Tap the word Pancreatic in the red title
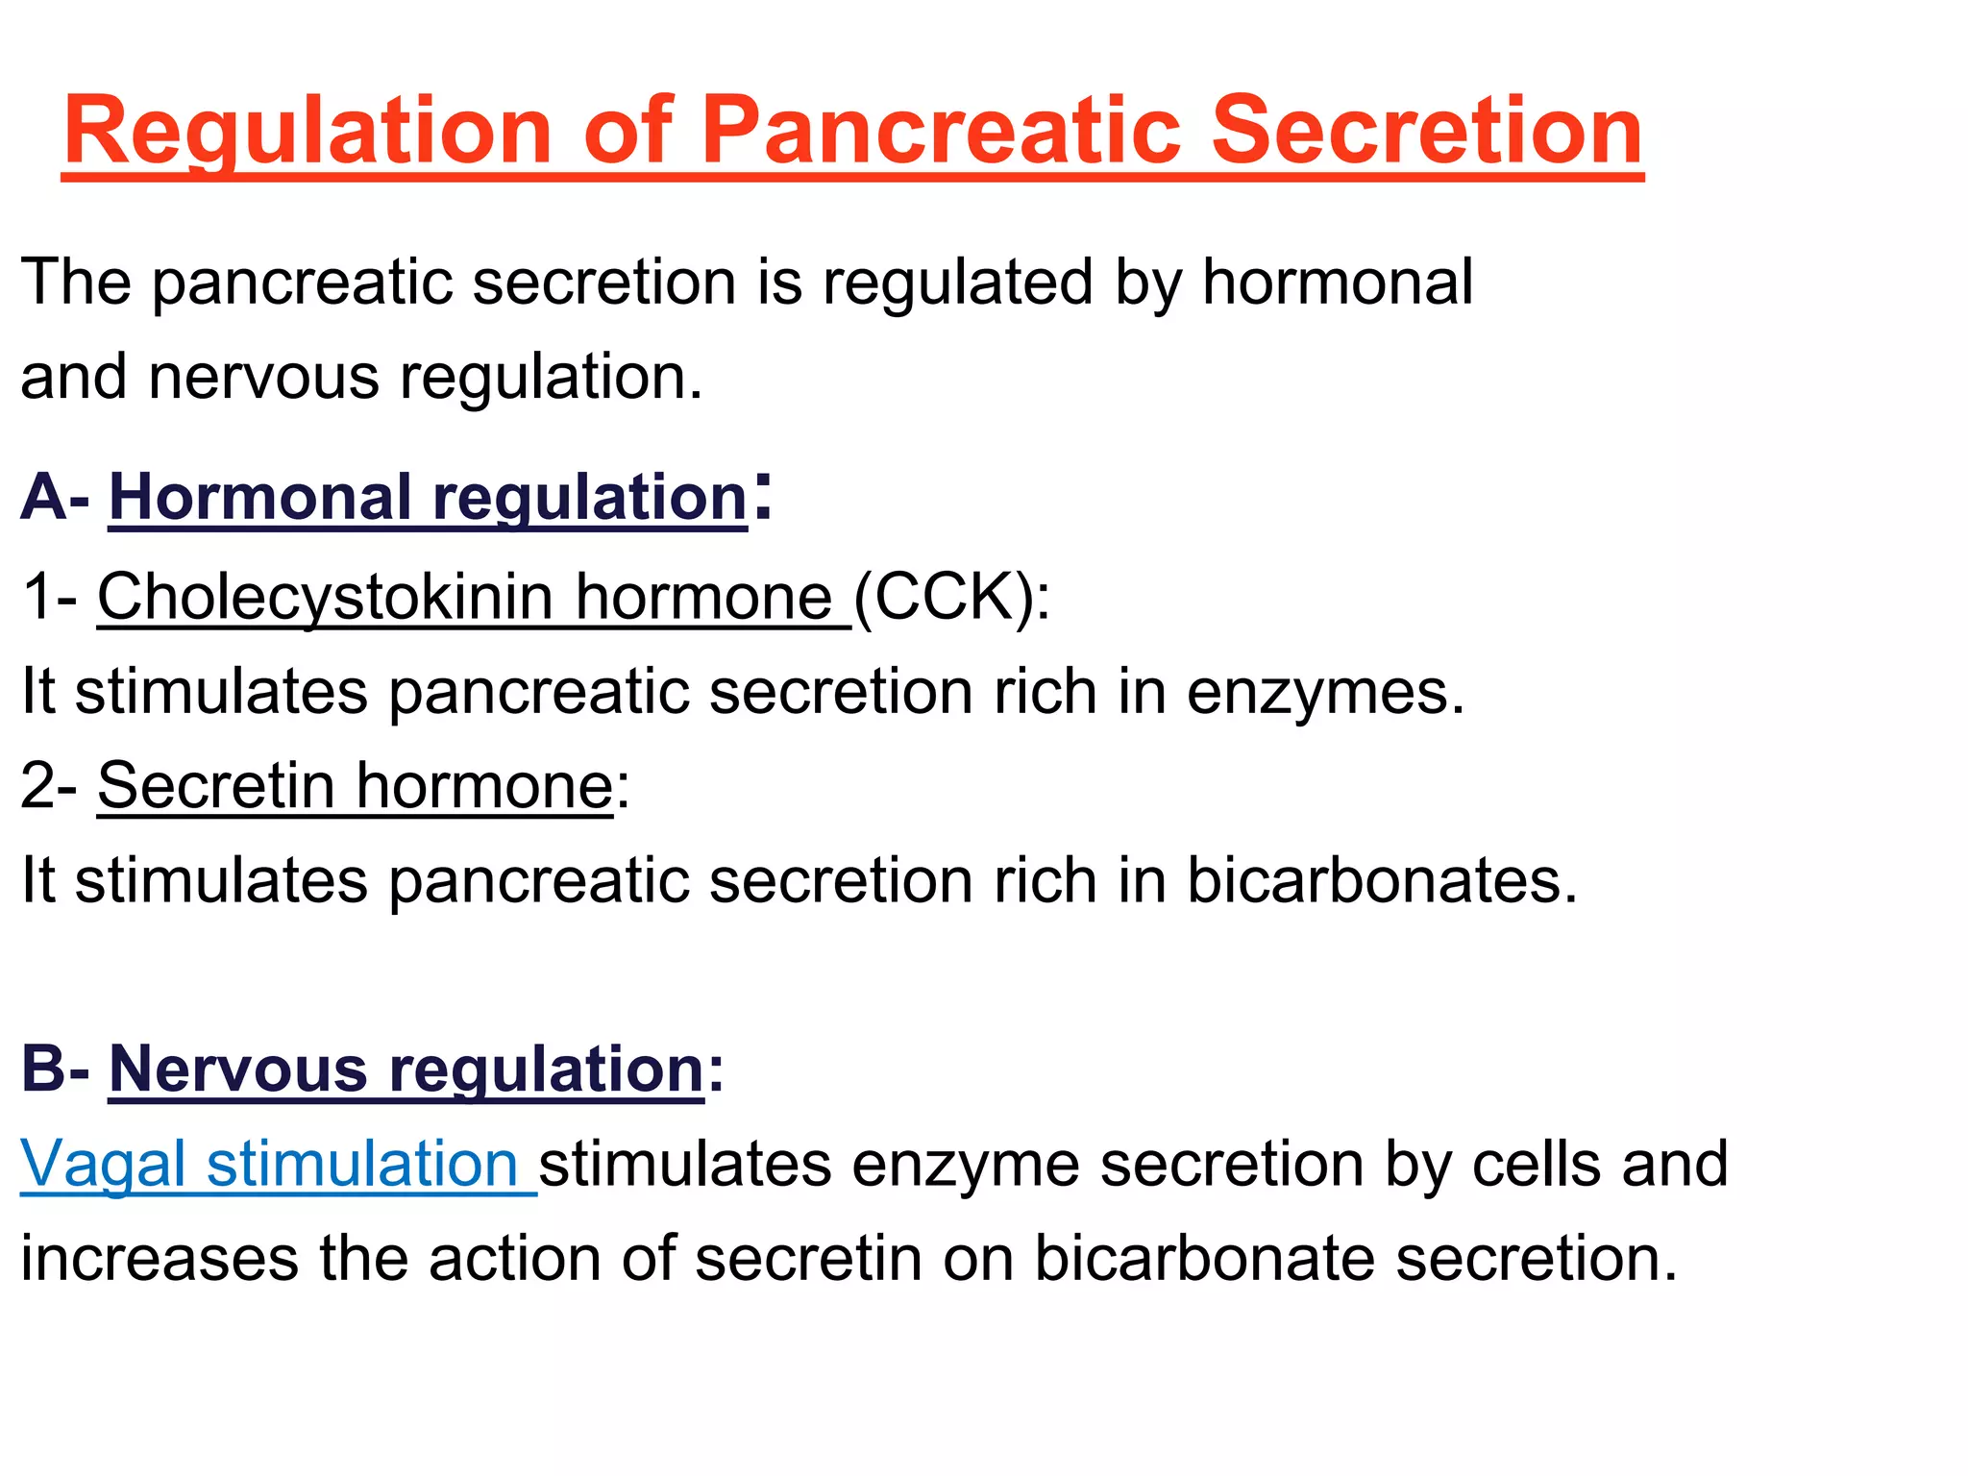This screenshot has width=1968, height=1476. tap(940, 132)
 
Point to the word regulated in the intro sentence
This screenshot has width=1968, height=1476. tap(957, 283)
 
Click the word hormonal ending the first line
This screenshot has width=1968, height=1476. tap(1337, 283)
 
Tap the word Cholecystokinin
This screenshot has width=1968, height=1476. tap(325, 598)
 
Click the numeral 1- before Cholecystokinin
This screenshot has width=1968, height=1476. tap(49, 598)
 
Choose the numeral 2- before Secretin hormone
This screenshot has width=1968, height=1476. tap(49, 786)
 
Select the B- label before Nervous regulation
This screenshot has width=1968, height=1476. tap(55, 1070)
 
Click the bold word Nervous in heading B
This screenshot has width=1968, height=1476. tap(238, 1070)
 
